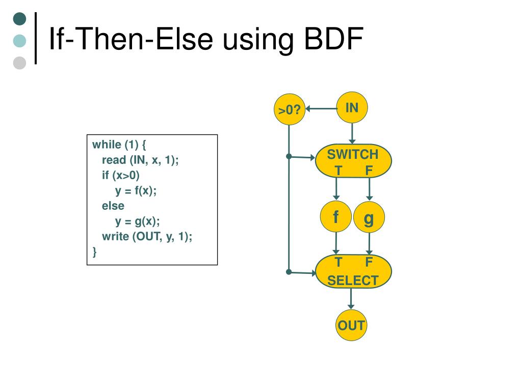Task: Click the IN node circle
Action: click(x=352, y=108)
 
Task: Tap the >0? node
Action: click(x=289, y=109)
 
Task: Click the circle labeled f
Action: click(x=336, y=217)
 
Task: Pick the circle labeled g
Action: click(x=369, y=217)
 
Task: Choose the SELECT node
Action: click(x=353, y=272)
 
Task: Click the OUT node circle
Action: click(x=351, y=325)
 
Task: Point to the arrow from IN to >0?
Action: click(x=321, y=108)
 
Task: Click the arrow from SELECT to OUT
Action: click(x=351, y=299)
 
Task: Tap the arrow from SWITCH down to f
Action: click(x=336, y=189)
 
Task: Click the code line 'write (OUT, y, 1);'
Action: click(x=147, y=237)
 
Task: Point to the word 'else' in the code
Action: click(x=113, y=206)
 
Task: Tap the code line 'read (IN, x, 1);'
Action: click(x=140, y=160)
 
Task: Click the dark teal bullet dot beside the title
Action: click(x=19, y=19)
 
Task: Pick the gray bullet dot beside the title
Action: click(x=19, y=62)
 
